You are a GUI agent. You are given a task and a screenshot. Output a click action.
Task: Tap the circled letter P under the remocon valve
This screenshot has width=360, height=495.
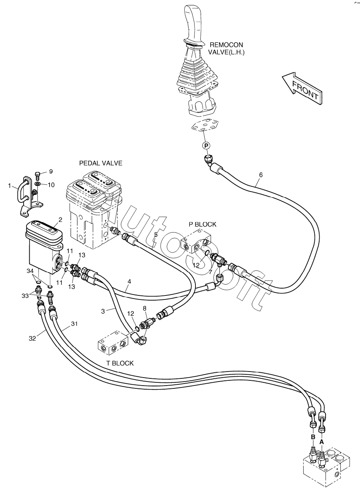(x=206, y=145)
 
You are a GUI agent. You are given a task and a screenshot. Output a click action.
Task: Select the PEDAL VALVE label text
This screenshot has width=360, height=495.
(x=101, y=163)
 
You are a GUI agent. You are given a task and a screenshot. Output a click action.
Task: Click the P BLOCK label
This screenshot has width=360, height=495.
(x=202, y=224)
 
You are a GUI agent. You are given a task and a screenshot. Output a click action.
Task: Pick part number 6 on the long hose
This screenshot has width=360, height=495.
(x=261, y=175)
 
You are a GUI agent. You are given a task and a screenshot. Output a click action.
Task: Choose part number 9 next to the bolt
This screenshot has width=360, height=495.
(x=51, y=172)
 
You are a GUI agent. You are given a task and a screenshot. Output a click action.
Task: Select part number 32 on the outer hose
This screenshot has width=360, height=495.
(x=32, y=338)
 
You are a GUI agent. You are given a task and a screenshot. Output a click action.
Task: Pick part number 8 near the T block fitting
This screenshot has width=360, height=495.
(x=145, y=309)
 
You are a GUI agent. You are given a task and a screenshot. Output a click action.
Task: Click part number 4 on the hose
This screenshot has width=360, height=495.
(x=129, y=282)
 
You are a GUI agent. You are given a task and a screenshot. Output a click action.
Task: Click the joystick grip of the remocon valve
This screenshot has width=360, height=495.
(x=193, y=20)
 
